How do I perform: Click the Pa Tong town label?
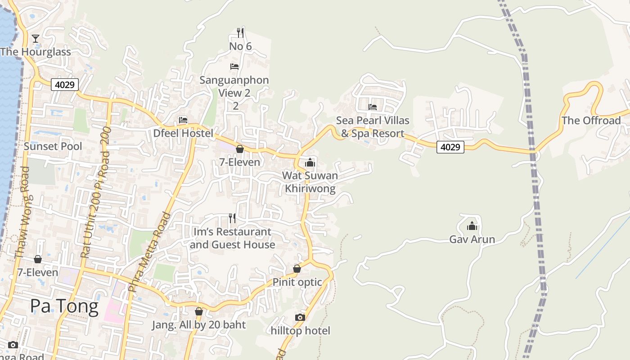tap(64, 306)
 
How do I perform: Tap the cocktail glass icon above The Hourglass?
tap(36, 39)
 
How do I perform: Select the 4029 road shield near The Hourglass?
tap(65, 84)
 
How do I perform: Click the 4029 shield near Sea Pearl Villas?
tap(450, 147)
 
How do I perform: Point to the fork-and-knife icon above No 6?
tap(240, 32)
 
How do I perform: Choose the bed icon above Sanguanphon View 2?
tap(234, 67)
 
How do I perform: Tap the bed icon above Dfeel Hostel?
tap(183, 120)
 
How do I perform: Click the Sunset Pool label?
tap(53, 146)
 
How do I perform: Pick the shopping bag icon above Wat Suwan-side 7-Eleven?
tap(240, 149)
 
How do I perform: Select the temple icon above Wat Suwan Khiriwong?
tap(310, 162)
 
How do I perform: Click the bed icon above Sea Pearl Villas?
tap(373, 107)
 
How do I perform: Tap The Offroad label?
tap(591, 121)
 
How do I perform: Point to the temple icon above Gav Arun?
tap(472, 226)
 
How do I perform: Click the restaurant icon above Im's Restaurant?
tap(232, 218)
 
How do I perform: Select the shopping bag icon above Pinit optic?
tap(297, 269)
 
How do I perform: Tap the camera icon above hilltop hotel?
tap(300, 317)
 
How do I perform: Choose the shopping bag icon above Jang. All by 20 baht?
tap(199, 311)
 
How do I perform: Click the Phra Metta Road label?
tap(149, 252)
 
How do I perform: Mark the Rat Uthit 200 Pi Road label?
tap(95, 198)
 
